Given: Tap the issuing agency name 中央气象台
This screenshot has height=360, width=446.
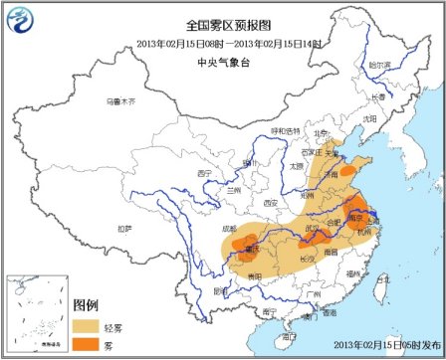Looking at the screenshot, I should [x=223, y=59].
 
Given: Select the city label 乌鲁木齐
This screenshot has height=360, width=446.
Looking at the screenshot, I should [x=120, y=100].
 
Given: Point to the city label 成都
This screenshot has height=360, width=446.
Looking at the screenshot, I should [x=231, y=229].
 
